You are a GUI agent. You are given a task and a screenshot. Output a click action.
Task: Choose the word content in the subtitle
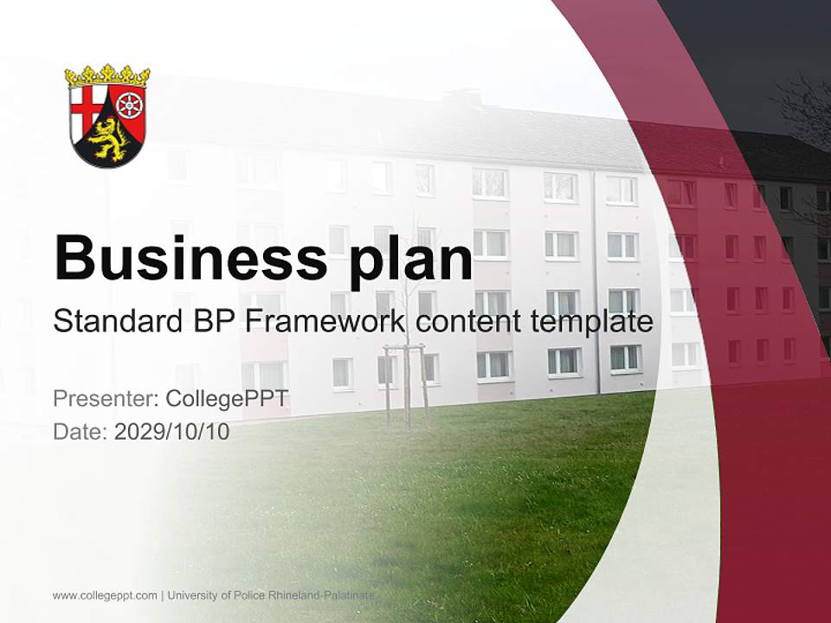[467, 321]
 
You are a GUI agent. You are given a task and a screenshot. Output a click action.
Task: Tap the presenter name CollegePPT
[226, 399]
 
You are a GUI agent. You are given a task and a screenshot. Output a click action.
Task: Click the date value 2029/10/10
[171, 431]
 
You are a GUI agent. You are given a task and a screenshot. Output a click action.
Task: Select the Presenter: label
[105, 399]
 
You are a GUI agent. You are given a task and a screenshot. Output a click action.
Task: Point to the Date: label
[81, 431]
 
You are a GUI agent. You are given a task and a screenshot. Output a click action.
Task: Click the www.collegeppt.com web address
[105, 595]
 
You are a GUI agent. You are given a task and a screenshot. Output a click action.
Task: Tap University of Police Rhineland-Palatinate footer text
[271, 595]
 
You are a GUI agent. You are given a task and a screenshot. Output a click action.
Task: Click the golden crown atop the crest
[107, 76]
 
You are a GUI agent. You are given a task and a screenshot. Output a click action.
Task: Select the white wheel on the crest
[130, 106]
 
